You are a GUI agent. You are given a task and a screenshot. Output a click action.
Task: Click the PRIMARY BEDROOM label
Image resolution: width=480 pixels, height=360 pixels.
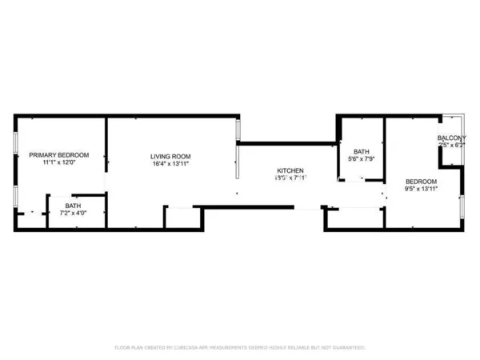pos(58,154)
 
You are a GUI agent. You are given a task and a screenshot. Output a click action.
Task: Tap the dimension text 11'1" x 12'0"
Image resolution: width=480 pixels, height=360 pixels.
pos(58,162)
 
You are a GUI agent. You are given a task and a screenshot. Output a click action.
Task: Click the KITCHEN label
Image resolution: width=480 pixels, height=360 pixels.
pos(290,170)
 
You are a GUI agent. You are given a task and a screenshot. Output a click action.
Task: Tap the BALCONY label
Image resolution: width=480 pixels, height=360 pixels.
pos(451,138)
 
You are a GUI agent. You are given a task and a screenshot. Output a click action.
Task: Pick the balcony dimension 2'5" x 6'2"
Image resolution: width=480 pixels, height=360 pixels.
pos(451,146)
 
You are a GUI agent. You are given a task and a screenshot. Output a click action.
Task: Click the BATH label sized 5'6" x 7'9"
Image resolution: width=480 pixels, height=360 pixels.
pos(362,151)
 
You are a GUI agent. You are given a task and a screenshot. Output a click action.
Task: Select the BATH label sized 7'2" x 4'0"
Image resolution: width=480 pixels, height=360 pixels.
pos(73,206)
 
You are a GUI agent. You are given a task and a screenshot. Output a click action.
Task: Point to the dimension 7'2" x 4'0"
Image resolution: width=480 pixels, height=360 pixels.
pos(73,214)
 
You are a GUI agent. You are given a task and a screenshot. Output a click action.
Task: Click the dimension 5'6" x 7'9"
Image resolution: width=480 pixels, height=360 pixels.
pos(362,159)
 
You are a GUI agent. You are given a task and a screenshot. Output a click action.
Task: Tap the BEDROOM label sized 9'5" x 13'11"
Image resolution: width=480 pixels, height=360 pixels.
pos(420,181)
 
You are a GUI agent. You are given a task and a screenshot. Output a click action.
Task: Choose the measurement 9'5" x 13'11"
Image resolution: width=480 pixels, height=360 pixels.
pos(420,189)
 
